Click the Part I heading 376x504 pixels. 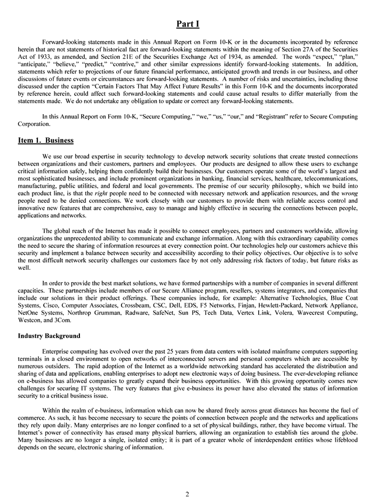click(188, 23)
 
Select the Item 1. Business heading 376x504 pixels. click(45, 141)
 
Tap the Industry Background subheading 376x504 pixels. click(49, 336)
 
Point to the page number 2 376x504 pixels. click(187, 493)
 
